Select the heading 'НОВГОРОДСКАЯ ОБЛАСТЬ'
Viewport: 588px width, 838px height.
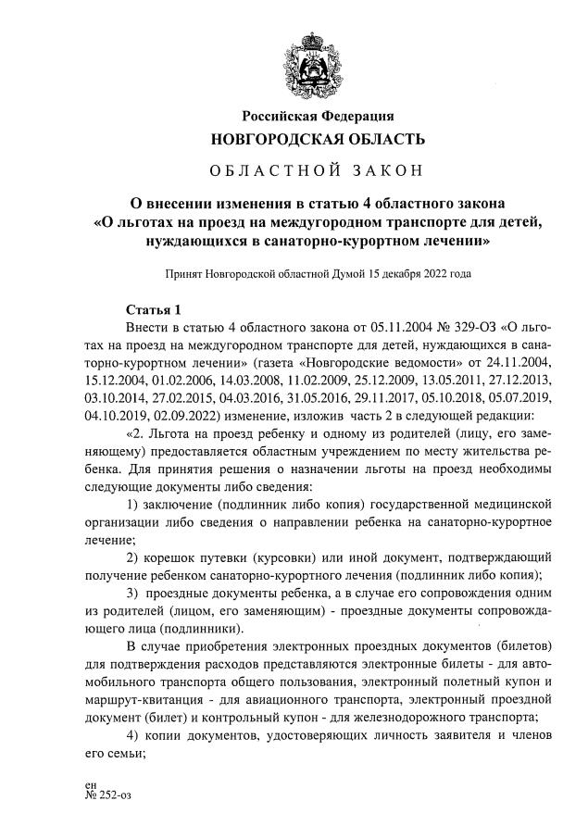[x=319, y=141]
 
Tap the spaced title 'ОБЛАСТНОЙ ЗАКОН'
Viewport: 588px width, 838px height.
[x=318, y=172]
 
